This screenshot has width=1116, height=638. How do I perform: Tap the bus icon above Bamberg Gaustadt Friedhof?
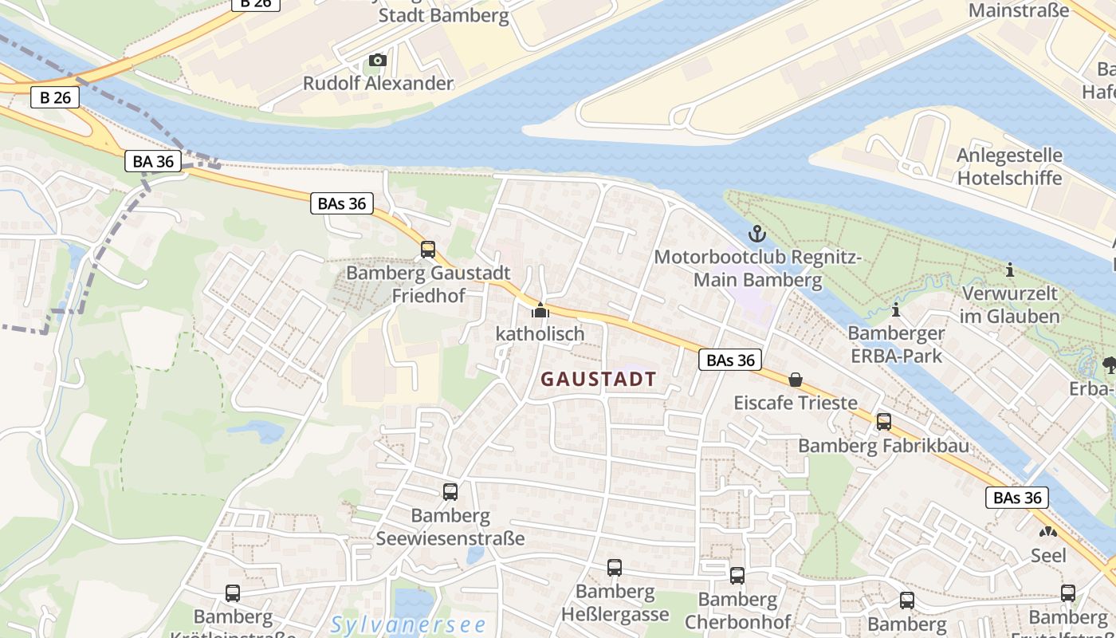click(428, 250)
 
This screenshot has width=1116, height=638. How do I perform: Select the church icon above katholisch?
click(540, 310)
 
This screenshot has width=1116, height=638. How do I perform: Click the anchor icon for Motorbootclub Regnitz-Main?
click(756, 234)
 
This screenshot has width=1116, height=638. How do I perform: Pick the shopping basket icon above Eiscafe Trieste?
click(795, 380)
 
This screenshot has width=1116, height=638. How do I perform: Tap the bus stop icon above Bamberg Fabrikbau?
click(883, 422)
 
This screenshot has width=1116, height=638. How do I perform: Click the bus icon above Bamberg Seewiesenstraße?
click(450, 492)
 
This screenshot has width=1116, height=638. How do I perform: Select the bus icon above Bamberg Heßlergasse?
click(614, 568)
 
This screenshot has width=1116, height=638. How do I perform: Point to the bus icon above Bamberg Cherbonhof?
click(737, 576)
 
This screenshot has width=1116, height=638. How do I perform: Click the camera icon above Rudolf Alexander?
click(378, 61)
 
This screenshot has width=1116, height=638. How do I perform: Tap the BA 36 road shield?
click(153, 161)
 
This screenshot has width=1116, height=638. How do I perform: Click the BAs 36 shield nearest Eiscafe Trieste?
click(730, 360)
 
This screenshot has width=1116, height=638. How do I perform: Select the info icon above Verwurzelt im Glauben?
click(1009, 270)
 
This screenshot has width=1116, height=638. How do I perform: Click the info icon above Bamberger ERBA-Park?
click(896, 309)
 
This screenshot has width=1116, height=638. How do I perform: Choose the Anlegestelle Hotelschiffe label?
click(1009, 166)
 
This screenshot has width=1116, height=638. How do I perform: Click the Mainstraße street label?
click(1018, 10)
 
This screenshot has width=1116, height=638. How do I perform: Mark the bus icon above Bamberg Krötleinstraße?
click(232, 593)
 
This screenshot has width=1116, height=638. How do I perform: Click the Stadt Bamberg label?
click(443, 15)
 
